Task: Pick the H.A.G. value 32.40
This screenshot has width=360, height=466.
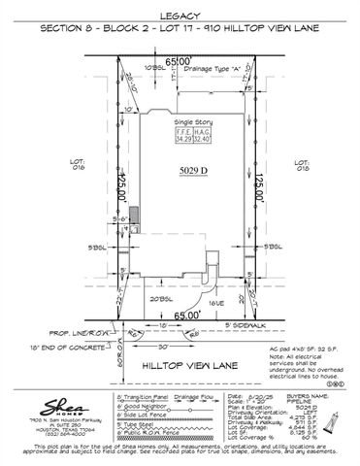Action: (x=203, y=140)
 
